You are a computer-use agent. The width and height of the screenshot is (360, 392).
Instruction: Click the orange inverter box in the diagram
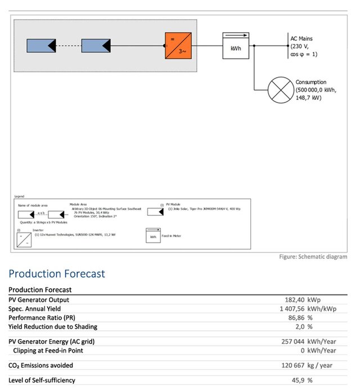click(178, 46)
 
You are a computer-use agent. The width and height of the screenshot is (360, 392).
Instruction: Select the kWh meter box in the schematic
click(235, 45)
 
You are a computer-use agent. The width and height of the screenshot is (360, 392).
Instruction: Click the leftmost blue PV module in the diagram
click(40, 46)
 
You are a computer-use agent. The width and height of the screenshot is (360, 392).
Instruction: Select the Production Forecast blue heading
click(56, 274)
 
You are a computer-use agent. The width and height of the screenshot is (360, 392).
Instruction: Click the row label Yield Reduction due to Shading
click(53, 327)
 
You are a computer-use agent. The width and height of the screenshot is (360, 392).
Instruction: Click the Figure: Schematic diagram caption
click(313, 257)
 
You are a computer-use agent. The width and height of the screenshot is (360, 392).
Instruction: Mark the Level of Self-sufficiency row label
click(42, 380)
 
